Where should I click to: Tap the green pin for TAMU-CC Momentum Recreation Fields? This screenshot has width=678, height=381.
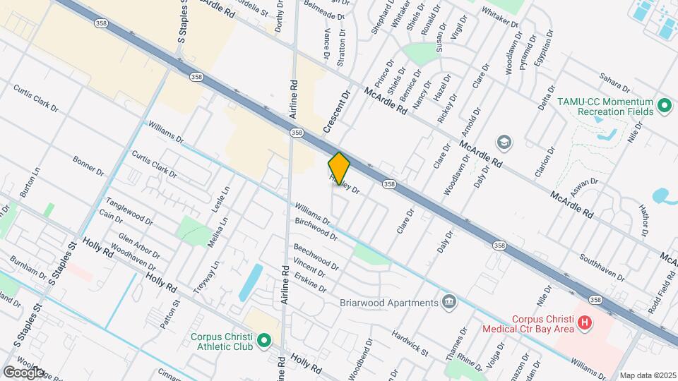664,107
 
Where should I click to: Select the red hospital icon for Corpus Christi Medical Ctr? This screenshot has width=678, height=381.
584,323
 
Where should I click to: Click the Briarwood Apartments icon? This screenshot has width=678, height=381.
448,303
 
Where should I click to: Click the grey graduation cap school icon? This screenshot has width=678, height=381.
504,143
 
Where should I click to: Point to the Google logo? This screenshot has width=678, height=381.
23,372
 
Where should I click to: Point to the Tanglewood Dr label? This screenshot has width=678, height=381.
129,210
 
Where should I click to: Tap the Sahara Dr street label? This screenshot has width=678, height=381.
614,82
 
